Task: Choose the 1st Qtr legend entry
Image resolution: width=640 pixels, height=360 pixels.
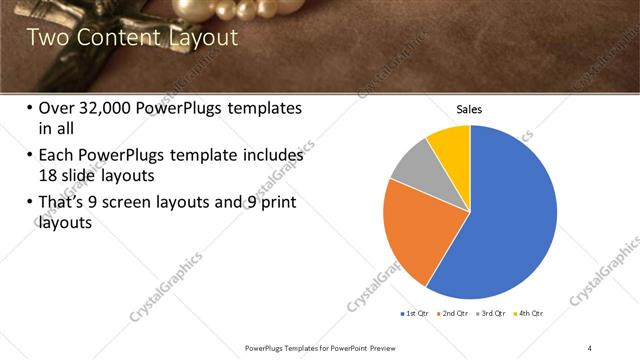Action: (416, 313)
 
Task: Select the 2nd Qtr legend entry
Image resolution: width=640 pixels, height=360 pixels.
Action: (455, 313)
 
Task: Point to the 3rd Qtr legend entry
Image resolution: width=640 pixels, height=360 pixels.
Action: (493, 313)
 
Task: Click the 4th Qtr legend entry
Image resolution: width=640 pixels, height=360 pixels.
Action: (530, 313)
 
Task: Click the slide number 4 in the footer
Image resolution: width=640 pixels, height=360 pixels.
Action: (590, 347)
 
